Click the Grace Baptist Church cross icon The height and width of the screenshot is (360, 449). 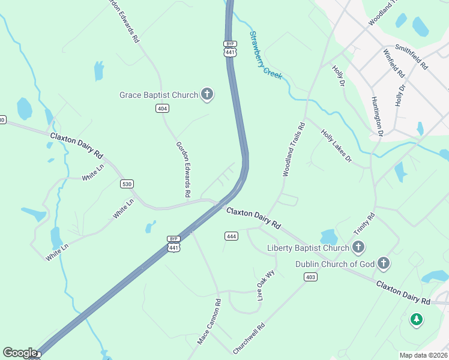coord(207,94)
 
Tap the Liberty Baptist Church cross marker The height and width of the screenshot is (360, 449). coord(358,247)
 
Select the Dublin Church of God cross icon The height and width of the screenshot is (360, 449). coord(384,263)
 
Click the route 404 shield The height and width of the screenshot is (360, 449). coord(161,108)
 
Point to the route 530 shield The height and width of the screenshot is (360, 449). coord(126,184)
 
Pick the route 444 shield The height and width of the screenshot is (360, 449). coord(231,236)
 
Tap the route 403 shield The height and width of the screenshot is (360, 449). coord(310,277)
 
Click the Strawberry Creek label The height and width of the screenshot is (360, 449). coord(266,53)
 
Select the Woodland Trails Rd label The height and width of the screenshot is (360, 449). coord(294,149)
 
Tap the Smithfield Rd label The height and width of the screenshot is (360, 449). coord(412,56)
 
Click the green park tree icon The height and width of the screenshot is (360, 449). coord(416,319)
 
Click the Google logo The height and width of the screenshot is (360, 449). coord(20,353)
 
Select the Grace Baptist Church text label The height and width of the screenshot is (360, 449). coord(158,95)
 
